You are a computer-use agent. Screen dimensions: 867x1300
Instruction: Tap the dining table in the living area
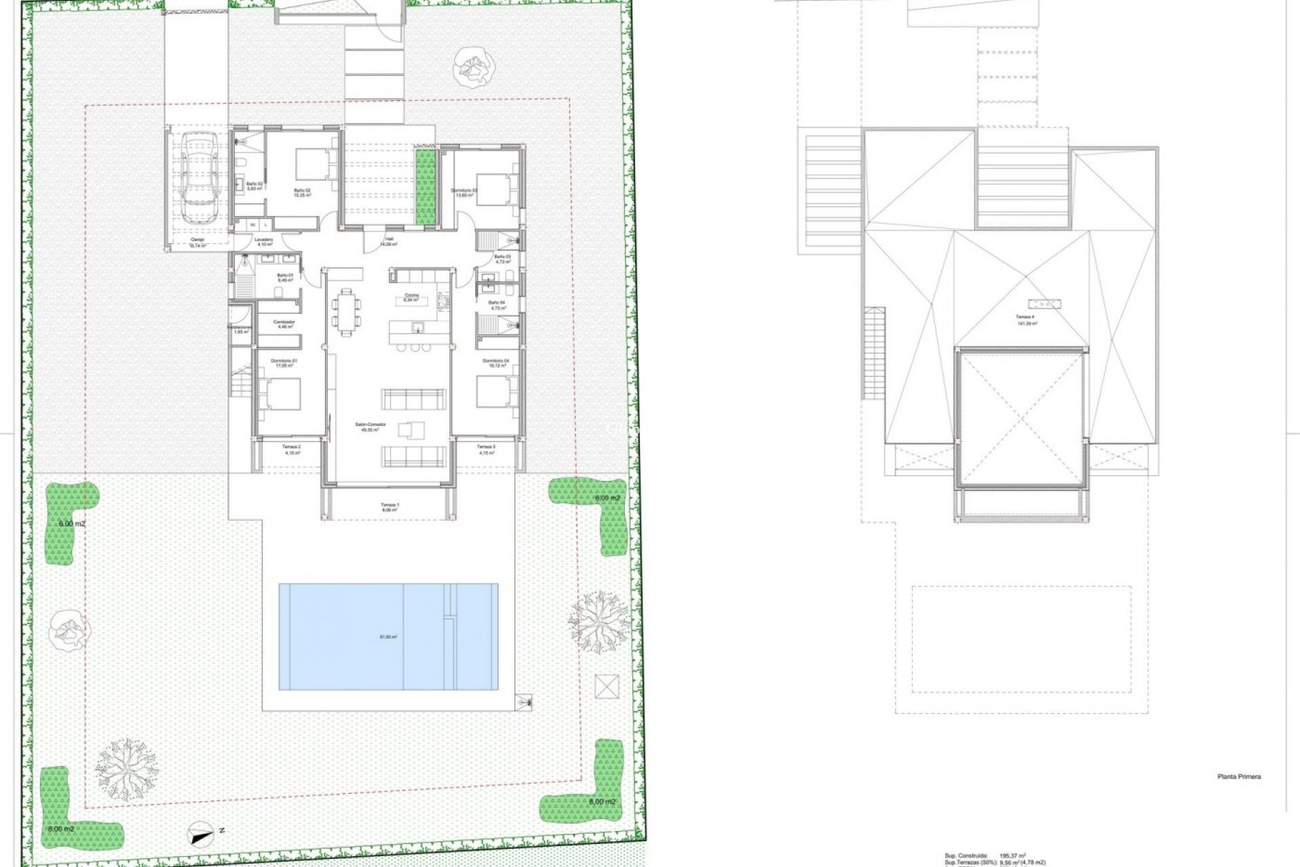click(x=347, y=312)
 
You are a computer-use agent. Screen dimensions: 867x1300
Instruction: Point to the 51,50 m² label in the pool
click(x=389, y=637)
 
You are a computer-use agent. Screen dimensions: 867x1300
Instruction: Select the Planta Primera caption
click(x=1238, y=777)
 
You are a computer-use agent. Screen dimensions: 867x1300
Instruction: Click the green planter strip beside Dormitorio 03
click(x=426, y=188)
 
